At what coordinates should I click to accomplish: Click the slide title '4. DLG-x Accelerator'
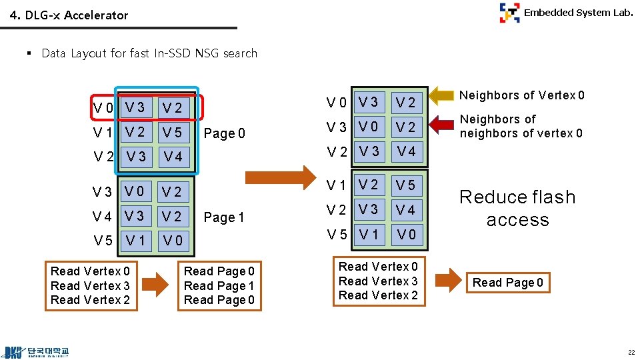point(69,15)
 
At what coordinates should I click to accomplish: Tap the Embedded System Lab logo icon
point(510,13)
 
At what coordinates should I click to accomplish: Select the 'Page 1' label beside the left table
point(224,217)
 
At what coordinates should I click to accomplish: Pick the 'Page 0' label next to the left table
point(224,133)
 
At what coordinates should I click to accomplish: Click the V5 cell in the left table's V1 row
point(172,133)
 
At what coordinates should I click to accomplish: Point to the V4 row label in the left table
point(103,217)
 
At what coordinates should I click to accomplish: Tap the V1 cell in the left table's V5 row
point(135,240)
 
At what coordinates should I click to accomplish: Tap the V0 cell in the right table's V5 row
point(405,234)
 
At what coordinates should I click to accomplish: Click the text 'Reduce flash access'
point(517,208)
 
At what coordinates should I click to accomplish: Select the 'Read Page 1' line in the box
point(219,285)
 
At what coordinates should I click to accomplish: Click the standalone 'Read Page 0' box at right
point(507,283)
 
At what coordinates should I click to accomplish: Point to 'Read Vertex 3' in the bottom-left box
point(90,285)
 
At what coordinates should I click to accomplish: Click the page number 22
point(629,352)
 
